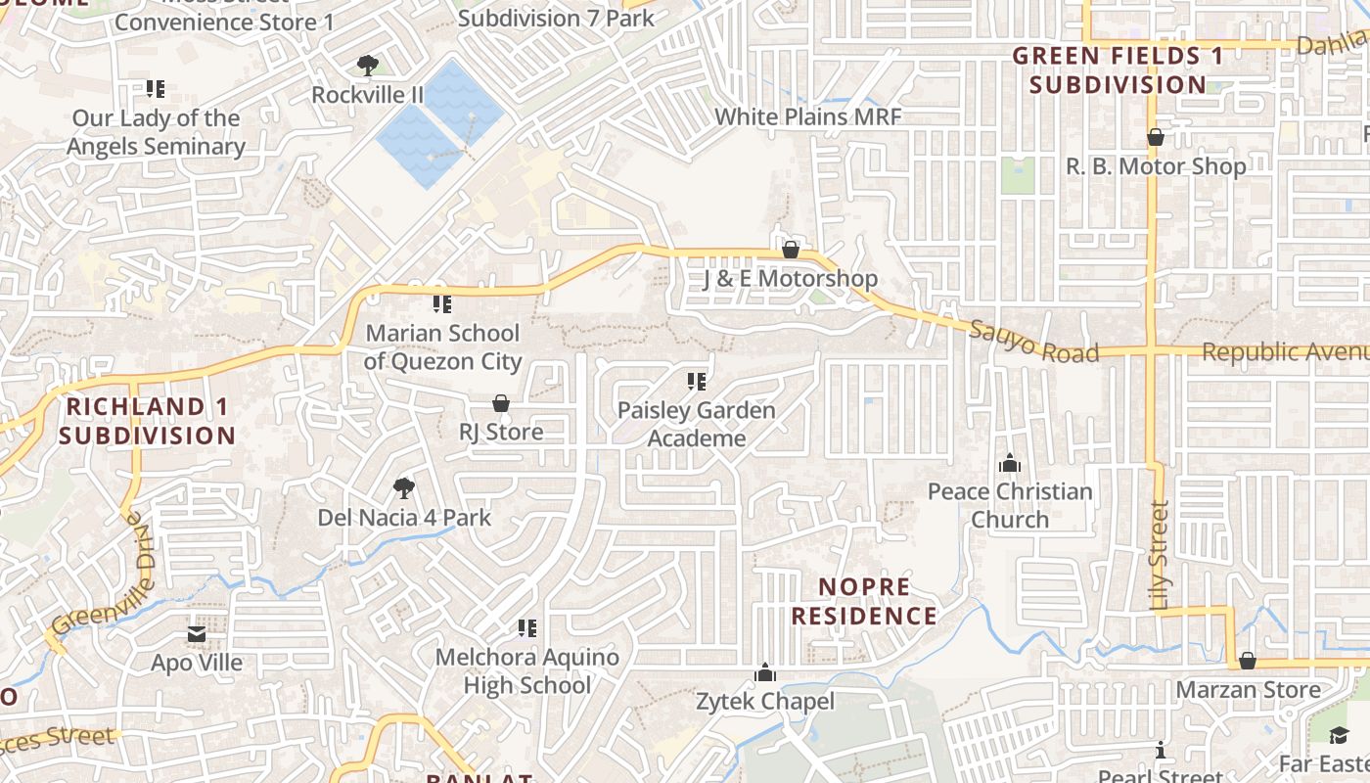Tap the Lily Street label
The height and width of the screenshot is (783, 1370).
(x=1160, y=556)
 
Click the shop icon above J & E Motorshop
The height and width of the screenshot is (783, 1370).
(x=791, y=250)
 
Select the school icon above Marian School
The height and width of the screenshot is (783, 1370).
(x=442, y=304)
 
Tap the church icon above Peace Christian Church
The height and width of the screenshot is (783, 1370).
(x=1009, y=463)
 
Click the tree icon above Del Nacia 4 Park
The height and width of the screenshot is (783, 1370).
(x=403, y=487)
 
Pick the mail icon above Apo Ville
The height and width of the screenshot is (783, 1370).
(x=197, y=634)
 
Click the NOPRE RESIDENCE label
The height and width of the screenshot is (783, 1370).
(x=864, y=601)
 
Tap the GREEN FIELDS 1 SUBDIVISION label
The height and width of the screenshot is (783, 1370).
(x=1118, y=69)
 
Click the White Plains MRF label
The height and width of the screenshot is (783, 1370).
(x=807, y=116)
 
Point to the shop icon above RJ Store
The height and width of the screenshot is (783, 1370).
(x=501, y=403)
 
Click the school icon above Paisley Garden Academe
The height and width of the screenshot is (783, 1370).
(x=697, y=382)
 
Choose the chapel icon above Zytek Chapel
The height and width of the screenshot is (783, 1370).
(x=765, y=672)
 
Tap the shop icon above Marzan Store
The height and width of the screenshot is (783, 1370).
(x=1248, y=661)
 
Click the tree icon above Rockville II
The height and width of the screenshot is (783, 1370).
(x=368, y=66)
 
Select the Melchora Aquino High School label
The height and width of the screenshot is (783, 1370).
(x=526, y=670)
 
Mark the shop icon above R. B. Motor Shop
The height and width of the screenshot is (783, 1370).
(x=1156, y=137)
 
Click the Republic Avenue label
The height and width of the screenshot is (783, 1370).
(x=1284, y=352)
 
